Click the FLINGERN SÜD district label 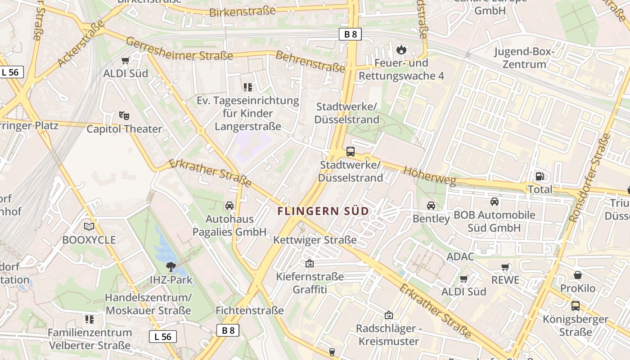point(323,211)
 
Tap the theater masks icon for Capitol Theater point(124,116)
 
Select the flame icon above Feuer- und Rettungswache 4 point(401,49)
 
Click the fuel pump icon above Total point(540,176)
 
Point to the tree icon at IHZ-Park point(171,267)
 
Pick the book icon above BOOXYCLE point(89,226)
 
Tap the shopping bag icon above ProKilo point(578,275)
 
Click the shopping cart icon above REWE point(505,267)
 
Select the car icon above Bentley point(431,206)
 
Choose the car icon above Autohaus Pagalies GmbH point(229,206)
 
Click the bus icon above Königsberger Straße point(575,306)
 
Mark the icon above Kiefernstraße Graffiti point(310,263)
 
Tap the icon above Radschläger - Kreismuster point(389,315)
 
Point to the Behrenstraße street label point(310,62)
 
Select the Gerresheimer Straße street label point(179,49)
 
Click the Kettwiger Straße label point(315,240)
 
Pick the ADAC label point(460,256)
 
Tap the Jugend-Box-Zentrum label point(524,58)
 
